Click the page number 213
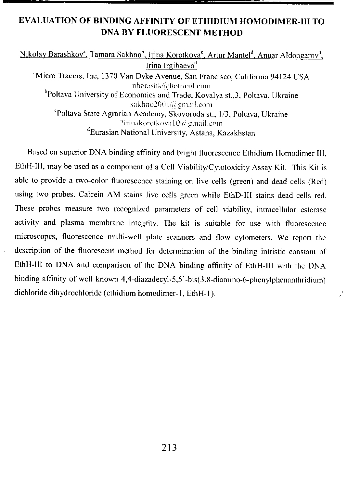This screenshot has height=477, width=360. point(169,448)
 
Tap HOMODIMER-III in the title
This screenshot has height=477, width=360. point(274,21)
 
